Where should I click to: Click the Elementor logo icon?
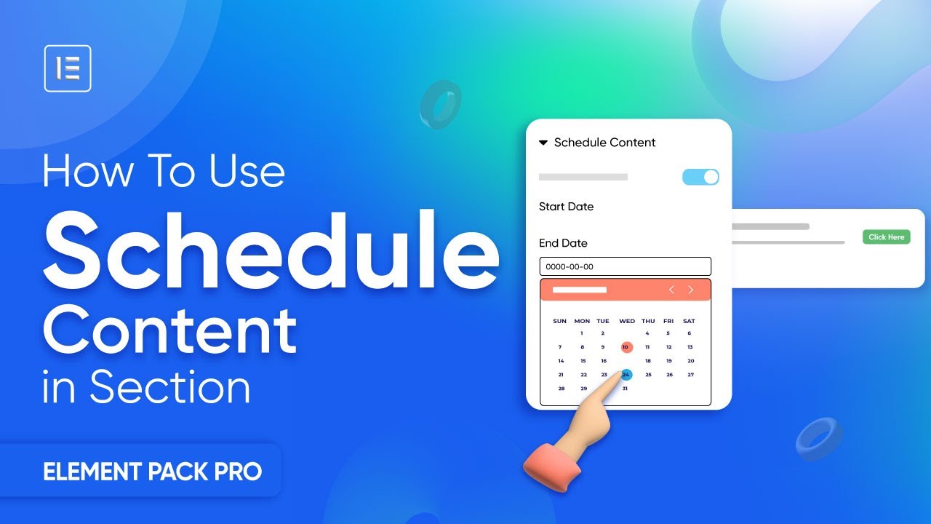[x=68, y=68]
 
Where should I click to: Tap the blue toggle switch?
[x=700, y=177]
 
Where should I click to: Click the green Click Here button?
[x=886, y=237]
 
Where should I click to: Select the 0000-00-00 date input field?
[x=625, y=266]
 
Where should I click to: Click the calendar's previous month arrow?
[x=671, y=290]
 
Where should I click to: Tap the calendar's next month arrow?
[x=691, y=290]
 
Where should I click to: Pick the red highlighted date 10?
[x=626, y=347]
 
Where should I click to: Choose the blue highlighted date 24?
[x=626, y=375]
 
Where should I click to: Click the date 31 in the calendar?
[x=625, y=389]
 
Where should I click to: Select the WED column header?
[x=627, y=321]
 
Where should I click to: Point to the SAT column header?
[x=689, y=321]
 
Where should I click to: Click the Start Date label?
[x=566, y=207]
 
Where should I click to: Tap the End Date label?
[x=563, y=243]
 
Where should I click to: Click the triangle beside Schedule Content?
[x=543, y=143]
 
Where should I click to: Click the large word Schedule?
[x=271, y=250]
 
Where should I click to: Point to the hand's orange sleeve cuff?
[x=551, y=467]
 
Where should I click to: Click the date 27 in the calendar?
[x=690, y=375]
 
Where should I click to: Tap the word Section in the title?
[x=170, y=386]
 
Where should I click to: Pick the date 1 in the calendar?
[x=581, y=333]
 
